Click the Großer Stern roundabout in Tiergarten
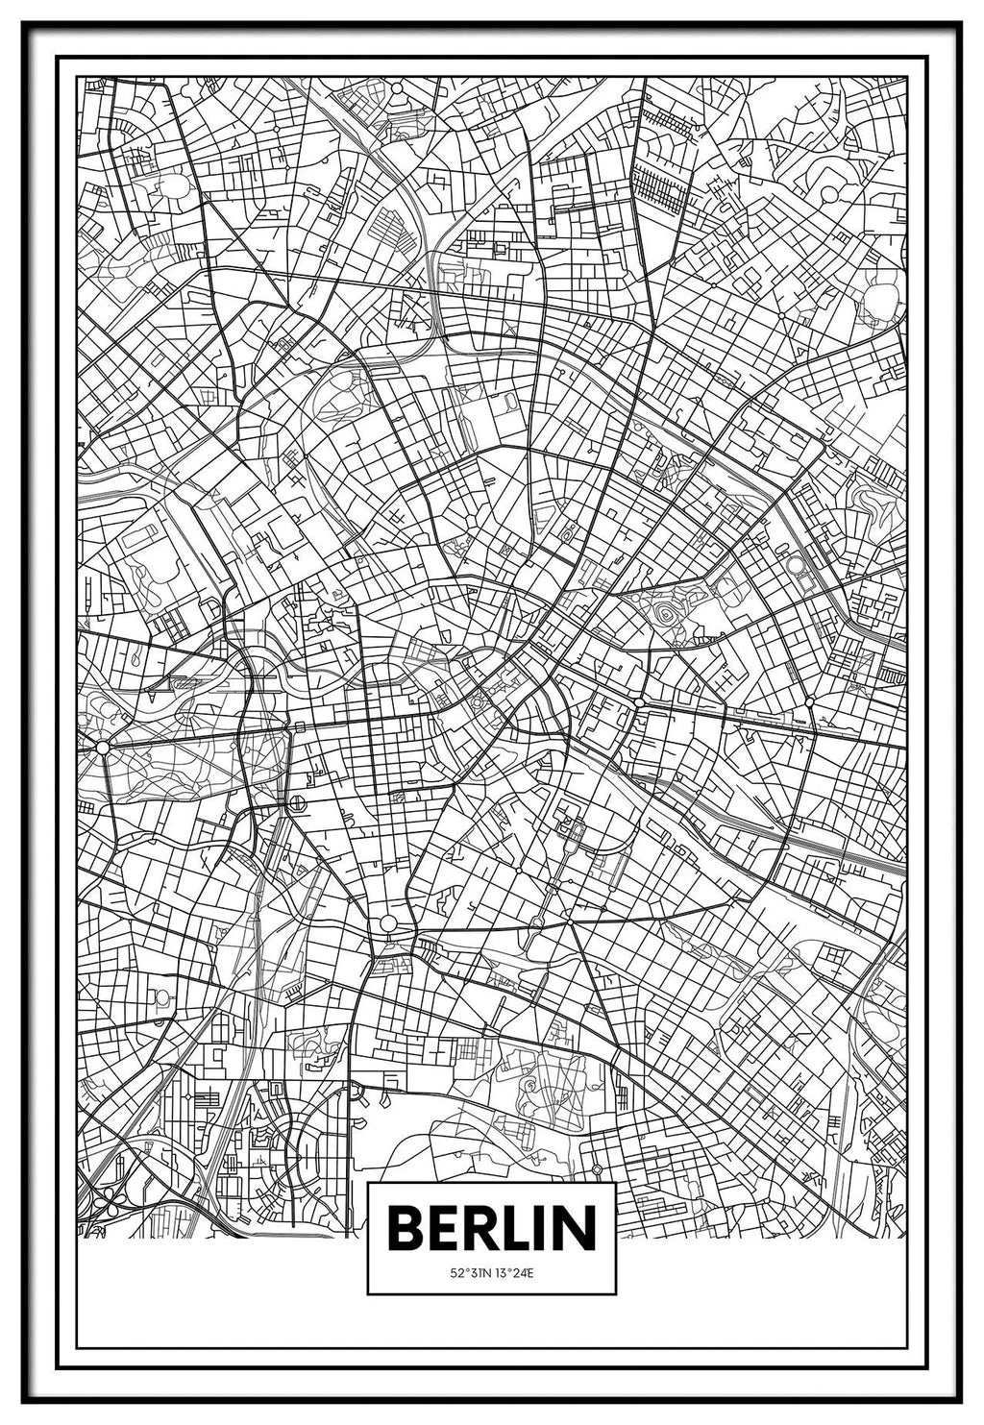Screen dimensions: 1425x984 102,745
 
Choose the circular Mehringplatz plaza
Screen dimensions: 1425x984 387,922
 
